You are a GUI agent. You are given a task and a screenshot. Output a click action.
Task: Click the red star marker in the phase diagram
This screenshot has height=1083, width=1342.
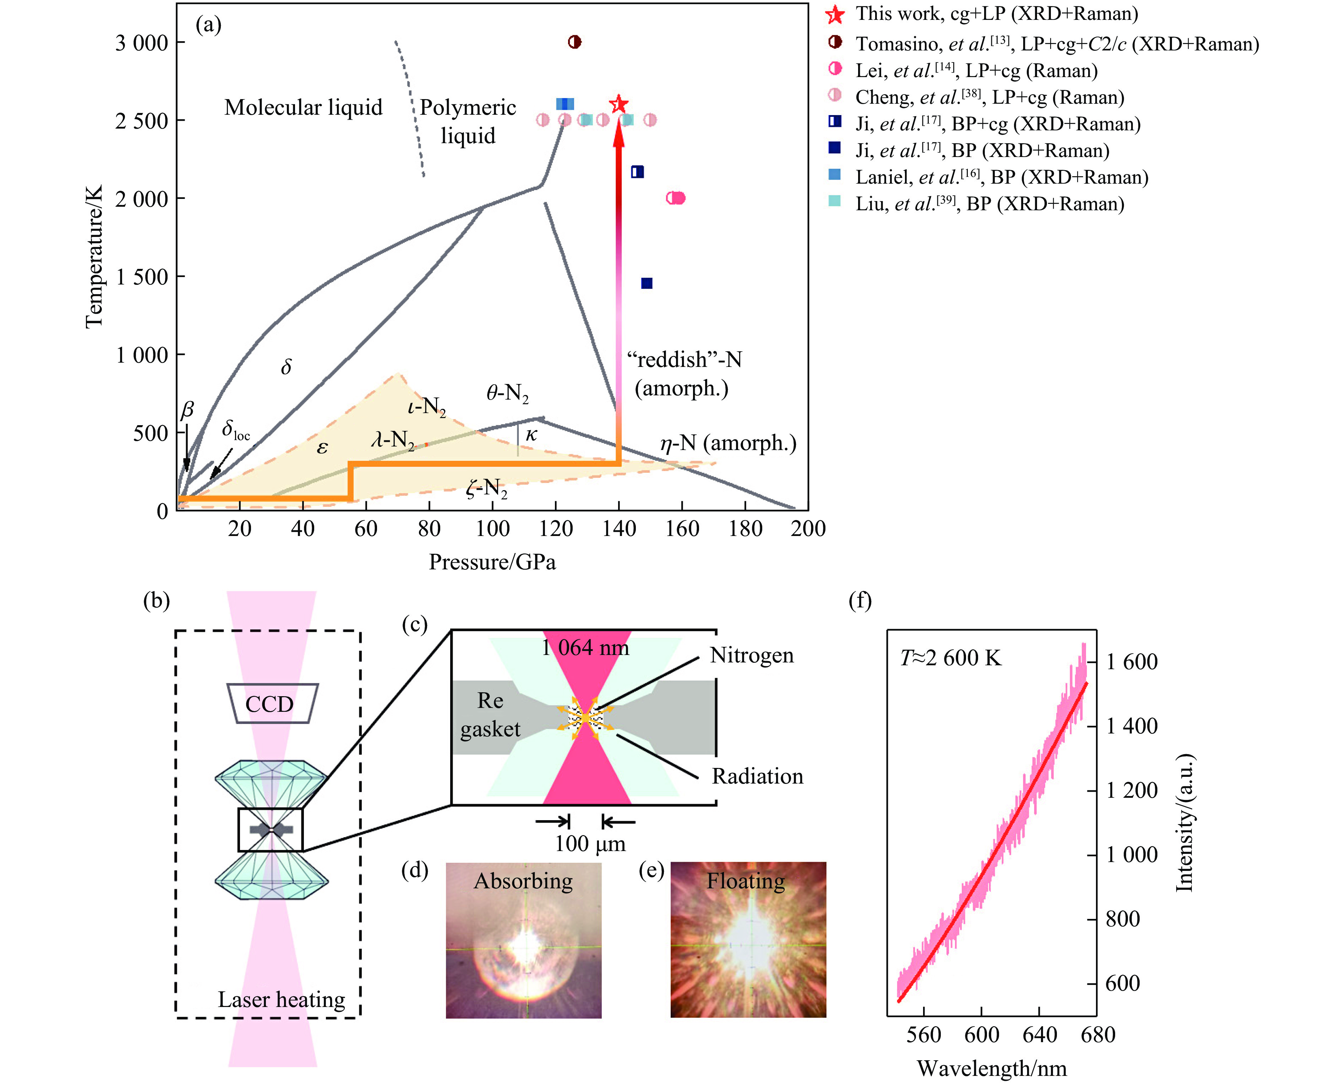click(618, 104)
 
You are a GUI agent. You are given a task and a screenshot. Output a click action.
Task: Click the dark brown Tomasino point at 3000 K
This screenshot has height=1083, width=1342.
click(574, 42)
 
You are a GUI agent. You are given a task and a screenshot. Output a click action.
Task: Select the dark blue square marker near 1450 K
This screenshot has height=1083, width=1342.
click(647, 283)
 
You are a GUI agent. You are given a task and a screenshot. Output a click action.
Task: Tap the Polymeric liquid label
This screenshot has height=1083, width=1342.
click(468, 121)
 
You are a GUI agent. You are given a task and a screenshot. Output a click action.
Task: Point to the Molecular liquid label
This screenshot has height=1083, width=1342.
click(303, 107)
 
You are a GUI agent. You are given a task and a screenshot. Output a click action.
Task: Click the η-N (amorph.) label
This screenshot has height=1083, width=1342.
click(728, 443)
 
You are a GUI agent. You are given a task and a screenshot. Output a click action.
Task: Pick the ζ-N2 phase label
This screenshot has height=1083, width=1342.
click(486, 487)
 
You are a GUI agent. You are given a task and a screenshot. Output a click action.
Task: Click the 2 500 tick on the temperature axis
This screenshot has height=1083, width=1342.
click(142, 120)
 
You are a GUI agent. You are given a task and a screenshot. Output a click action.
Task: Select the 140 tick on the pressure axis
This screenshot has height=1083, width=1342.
click(618, 529)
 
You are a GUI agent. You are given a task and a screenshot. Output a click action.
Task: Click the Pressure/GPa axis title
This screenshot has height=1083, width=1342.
click(492, 562)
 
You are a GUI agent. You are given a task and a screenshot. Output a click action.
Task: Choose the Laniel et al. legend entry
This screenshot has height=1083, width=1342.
click(1001, 177)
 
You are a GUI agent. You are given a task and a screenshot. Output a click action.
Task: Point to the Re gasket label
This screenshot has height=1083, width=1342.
click(490, 714)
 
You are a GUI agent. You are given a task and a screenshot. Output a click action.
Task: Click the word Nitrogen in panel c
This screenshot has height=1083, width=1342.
click(752, 655)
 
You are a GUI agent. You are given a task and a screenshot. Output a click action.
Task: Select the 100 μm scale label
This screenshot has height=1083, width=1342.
click(590, 844)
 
